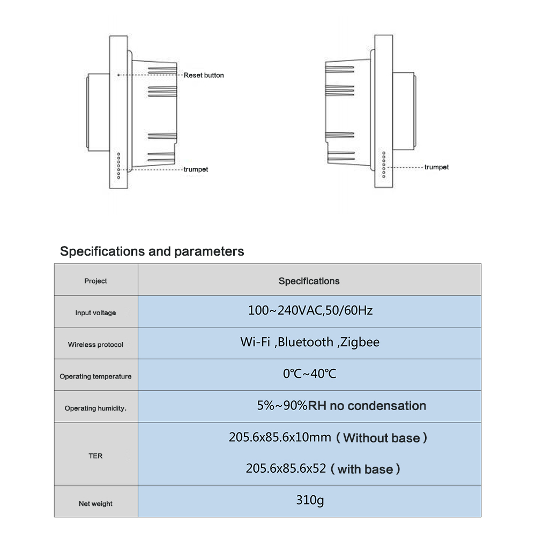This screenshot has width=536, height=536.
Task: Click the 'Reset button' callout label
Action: coord(204,75)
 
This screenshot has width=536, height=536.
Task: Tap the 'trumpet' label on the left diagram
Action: coord(196,169)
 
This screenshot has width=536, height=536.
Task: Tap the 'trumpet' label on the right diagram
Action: coord(436,167)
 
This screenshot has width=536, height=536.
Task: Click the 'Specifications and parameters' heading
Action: coord(152,251)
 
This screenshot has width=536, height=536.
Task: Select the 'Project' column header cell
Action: coord(95,281)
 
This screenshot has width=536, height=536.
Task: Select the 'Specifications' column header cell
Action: coord(309,281)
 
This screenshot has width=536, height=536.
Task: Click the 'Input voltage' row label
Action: coord(95,313)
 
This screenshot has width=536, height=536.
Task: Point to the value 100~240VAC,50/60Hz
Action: coord(310,310)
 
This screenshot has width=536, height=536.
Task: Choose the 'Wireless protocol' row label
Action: coord(95,345)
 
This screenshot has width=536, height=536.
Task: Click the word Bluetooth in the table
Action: coord(305,342)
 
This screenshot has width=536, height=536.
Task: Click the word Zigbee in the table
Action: coord(360,342)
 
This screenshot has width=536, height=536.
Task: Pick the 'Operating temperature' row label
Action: coord(95,377)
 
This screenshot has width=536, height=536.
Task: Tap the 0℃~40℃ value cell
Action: coord(309,374)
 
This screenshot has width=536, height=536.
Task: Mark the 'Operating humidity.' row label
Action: coord(95,408)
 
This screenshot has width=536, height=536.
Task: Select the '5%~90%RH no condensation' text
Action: coord(341,406)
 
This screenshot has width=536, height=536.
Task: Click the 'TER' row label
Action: coord(95,456)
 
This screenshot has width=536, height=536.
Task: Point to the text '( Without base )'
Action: coord(382,438)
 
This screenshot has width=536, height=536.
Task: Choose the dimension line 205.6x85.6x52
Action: coord(286,468)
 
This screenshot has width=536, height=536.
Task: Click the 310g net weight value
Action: coord(310,501)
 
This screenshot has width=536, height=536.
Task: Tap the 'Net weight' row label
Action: coord(95,504)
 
